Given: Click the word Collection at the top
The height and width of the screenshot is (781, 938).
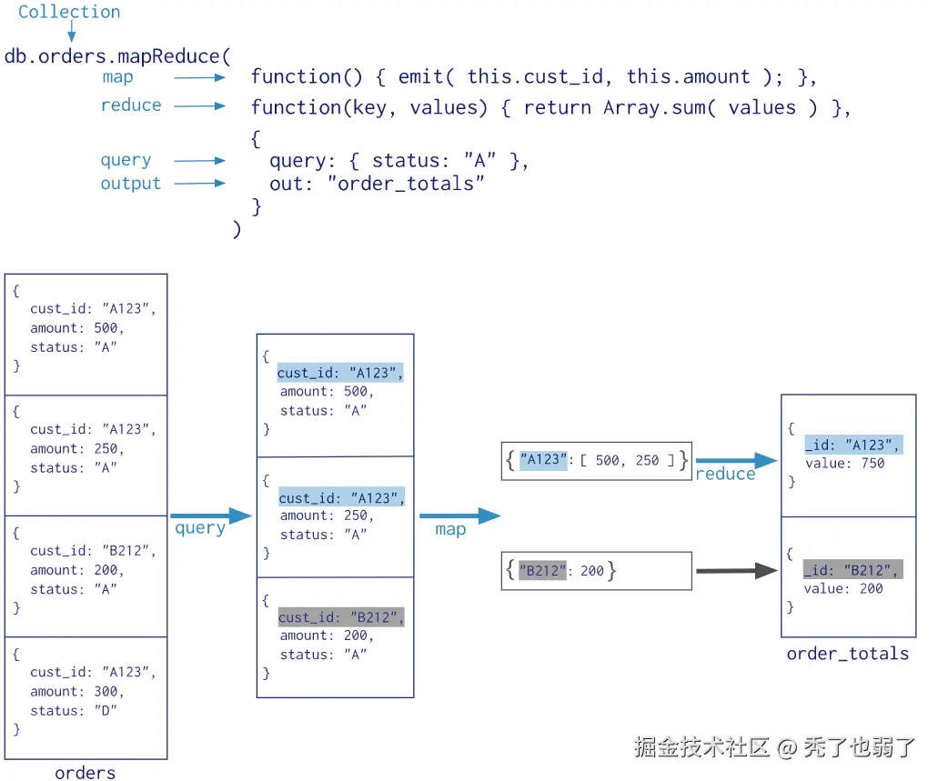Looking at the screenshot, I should coord(69,12).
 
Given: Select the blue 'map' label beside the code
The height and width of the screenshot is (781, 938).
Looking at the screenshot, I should coord(117,77).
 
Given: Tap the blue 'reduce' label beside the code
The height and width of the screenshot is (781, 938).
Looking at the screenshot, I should coord(131,105).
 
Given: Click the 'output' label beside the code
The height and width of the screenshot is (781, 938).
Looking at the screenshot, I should coord(130,184).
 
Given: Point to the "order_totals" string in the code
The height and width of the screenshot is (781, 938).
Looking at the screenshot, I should coord(410,184).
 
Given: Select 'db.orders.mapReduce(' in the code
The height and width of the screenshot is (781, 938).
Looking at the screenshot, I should coord(118,55).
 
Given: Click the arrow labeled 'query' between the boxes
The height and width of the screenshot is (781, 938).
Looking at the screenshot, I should coord(210,516).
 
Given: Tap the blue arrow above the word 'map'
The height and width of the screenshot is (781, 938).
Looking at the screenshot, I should coord(459,516).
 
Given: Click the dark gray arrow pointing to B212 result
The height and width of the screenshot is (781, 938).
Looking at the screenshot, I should coord(736,572).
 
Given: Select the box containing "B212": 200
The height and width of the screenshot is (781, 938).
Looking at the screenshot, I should coord(596,571).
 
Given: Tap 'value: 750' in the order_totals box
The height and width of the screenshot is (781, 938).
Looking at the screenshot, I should coord(844,463).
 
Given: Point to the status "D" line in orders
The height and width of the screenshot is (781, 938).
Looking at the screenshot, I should coord(74,710).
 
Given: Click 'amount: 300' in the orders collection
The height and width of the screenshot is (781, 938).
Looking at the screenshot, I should coord(76,691).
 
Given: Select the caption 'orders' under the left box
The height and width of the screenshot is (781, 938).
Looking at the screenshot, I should coord(85,773).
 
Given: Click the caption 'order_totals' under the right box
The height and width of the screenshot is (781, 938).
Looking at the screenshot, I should coord(847,653).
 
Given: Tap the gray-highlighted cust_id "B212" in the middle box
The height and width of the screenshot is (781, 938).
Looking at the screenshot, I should coord(340,617).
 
